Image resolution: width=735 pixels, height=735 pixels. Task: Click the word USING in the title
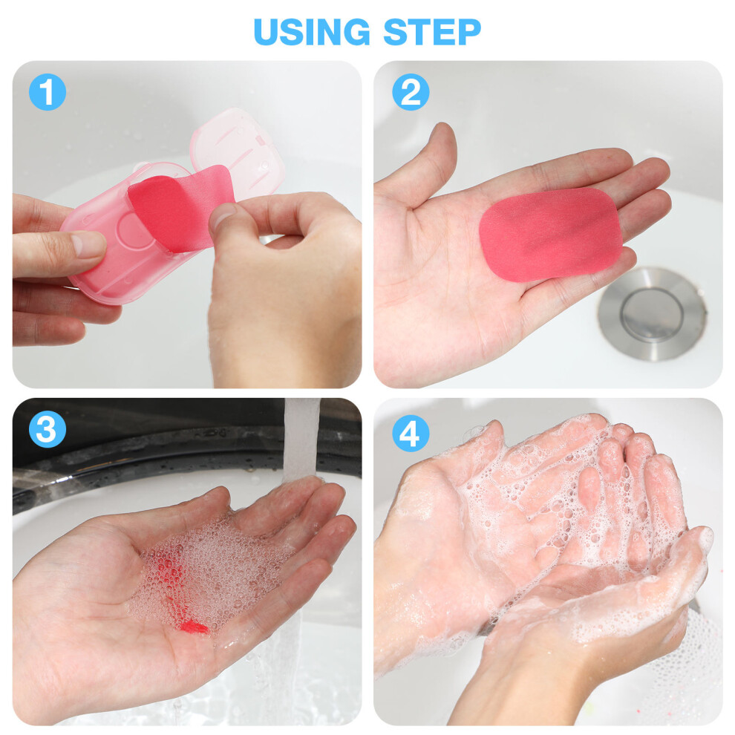coord(312,32)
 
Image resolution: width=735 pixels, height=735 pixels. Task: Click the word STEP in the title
coord(432,32)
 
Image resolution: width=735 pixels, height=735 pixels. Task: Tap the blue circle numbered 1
coord(48,92)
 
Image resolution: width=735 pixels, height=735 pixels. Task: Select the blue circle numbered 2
coord(411,92)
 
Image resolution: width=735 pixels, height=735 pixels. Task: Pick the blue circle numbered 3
coord(48,429)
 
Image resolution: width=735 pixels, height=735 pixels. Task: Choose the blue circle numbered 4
coord(411,433)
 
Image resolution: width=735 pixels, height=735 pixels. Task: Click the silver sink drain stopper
coord(652,313)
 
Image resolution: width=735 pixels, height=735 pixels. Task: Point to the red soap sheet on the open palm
coord(551,235)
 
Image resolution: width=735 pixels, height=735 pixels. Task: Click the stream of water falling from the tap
coord(301,440)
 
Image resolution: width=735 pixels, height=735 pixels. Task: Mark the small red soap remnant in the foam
coord(194,627)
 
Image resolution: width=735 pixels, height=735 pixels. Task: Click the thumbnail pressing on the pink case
coord(88,244)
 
